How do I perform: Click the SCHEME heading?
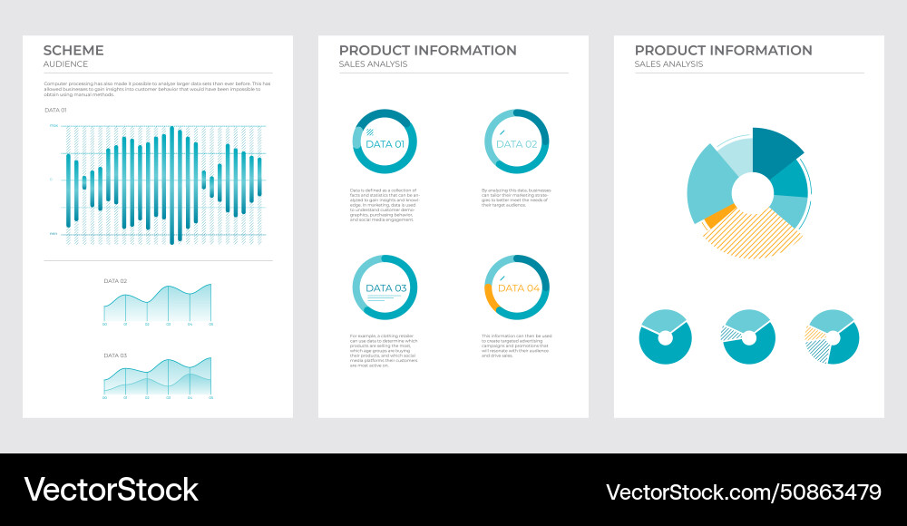pyautogui.click(x=73, y=51)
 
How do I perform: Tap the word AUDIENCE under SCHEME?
pyautogui.click(x=65, y=64)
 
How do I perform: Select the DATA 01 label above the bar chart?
pyautogui.click(x=55, y=110)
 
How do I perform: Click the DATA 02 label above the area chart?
pyautogui.click(x=115, y=281)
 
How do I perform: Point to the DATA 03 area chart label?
pyautogui.click(x=115, y=356)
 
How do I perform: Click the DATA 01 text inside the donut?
pyautogui.click(x=385, y=144)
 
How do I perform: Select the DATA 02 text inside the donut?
pyautogui.click(x=516, y=144)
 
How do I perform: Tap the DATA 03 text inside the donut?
pyautogui.click(x=385, y=288)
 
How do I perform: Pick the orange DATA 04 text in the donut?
pyautogui.click(x=518, y=288)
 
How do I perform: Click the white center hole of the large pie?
pyautogui.click(x=751, y=192)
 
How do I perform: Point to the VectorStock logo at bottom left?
pyautogui.click(x=111, y=490)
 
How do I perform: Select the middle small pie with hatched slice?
pyautogui.click(x=748, y=337)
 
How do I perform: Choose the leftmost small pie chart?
pyautogui.click(x=665, y=337)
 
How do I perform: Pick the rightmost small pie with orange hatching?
pyautogui.click(x=832, y=337)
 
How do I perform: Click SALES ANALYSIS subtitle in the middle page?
pyautogui.click(x=373, y=64)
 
